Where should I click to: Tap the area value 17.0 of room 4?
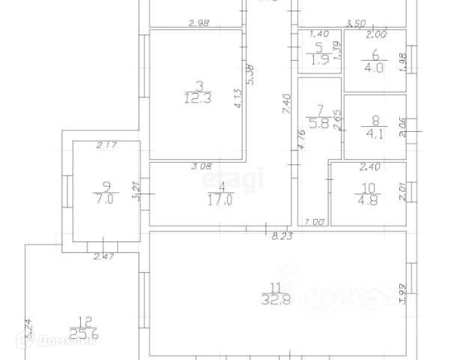pyautogui.click(x=221, y=200)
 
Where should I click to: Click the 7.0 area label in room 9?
pyautogui.click(x=103, y=201)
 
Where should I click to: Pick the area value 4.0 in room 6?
pyautogui.click(x=374, y=67)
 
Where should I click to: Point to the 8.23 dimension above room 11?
pyautogui.click(x=281, y=235)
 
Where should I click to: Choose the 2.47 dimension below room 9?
pyautogui.click(x=103, y=257)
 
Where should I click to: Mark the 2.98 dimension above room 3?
pyautogui.click(x=199, y=24)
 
